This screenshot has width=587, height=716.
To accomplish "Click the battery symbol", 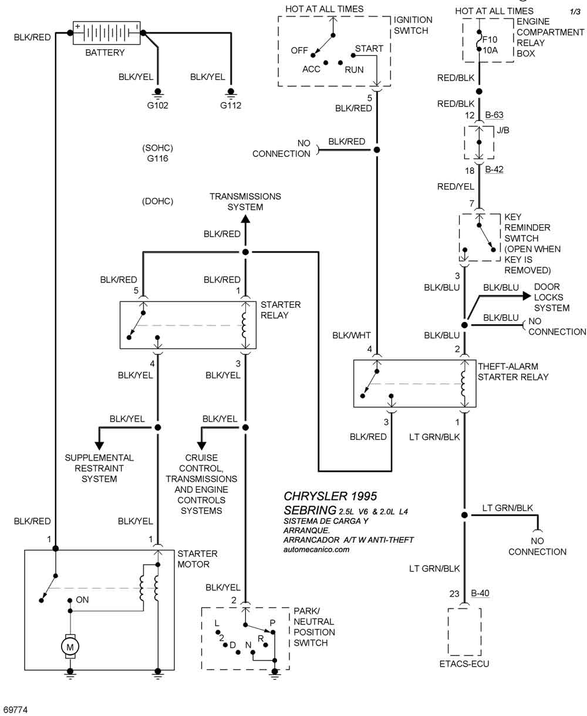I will click(x=106, y=33).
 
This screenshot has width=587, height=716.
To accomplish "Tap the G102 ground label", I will click(x=157, y=106).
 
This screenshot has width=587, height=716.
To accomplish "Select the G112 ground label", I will click(x=231, y=106).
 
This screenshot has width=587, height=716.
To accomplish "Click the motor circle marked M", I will click(x=70, y=646).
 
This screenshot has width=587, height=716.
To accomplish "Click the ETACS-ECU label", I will click(x=464, y=664).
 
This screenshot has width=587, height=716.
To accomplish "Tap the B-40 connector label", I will click(x=480, y=593).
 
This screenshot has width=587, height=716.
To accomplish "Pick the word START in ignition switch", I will click(x=369, y=48).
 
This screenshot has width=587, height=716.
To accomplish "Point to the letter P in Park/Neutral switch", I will click(x=272, y=623).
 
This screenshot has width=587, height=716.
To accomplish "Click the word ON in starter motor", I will click(x=82, y=600).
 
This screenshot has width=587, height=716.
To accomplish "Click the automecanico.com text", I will click(x=316, y=550).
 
